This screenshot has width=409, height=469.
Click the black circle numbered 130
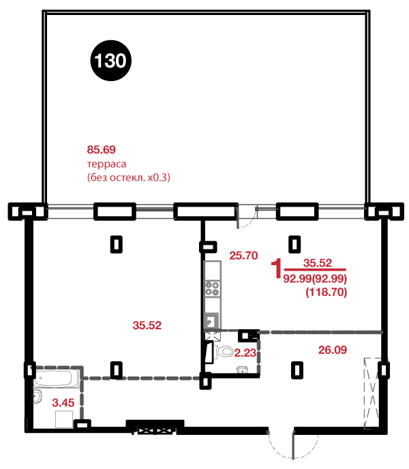tap(110, 61)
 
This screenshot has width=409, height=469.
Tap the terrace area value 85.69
tap(101, 149)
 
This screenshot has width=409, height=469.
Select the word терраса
tap(106, 164)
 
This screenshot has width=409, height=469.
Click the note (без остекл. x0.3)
tap(129, 177)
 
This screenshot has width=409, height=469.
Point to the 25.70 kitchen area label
tap(243, 256)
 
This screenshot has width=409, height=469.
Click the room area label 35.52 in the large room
tap(147, 325)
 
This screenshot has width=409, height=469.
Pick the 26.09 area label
tap(333, 350)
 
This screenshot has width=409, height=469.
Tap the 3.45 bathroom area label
tap(63, 403)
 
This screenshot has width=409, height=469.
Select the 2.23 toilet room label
tap(245, 352)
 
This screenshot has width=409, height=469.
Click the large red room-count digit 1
tap(277, 269)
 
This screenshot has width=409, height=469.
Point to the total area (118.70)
tap(326, 292)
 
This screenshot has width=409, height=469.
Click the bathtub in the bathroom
tap(56, 378)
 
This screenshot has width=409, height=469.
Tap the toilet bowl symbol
tap(224, 352)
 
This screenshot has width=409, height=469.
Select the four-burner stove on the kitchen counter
tap(212, 288)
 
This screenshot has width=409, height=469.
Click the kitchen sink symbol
tap(211, 321)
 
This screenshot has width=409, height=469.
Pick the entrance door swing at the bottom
tap(292, 444)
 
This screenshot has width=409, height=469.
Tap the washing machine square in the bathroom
tap(64, 419)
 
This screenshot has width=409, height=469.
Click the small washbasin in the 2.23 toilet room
tap(243, 369)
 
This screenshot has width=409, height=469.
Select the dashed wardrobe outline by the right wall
tap(373, 393)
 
